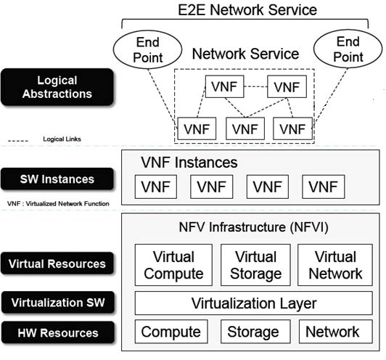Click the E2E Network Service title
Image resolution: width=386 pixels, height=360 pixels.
click(x=247, y=9)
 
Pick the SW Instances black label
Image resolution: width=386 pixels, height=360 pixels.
click(x=58, y=179)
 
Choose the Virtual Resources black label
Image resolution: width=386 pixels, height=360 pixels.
click(x=58, y=264)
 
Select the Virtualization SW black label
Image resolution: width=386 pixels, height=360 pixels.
click(x=58, y=302)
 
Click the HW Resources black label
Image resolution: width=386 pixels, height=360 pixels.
click(x=58, y=333)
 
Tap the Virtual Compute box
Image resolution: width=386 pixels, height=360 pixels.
click(x=173, y=266)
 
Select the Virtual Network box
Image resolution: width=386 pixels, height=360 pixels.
click(x=334, y=266)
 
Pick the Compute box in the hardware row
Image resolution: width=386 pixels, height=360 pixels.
click(x=171, y=332)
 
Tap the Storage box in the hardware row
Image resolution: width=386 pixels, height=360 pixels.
click(x=254, y=332)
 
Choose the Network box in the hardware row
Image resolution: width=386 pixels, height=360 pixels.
click(x=332, y=332)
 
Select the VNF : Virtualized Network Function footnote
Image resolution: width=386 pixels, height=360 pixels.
click(x=55, y=203)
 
